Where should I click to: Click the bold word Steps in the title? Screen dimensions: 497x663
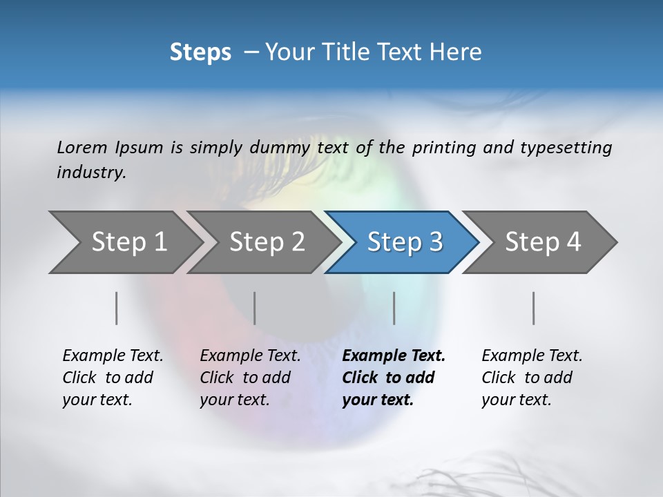coord(200,52)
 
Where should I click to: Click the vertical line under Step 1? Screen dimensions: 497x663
coord(117,308)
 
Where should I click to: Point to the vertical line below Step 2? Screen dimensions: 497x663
coord(255,308)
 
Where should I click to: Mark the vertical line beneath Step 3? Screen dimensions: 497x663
coord(394,308)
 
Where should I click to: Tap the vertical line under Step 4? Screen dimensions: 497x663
coord(534,308)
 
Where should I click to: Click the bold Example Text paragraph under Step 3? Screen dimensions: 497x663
coord(393,378)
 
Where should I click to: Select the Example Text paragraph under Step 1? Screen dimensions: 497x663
coord(113,378)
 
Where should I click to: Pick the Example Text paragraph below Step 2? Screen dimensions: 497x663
coord(250,378)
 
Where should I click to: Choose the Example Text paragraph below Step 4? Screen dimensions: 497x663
coord(532,378)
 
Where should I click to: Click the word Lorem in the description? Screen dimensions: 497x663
coord(82,147)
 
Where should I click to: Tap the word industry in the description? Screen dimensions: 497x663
coord(91,173)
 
